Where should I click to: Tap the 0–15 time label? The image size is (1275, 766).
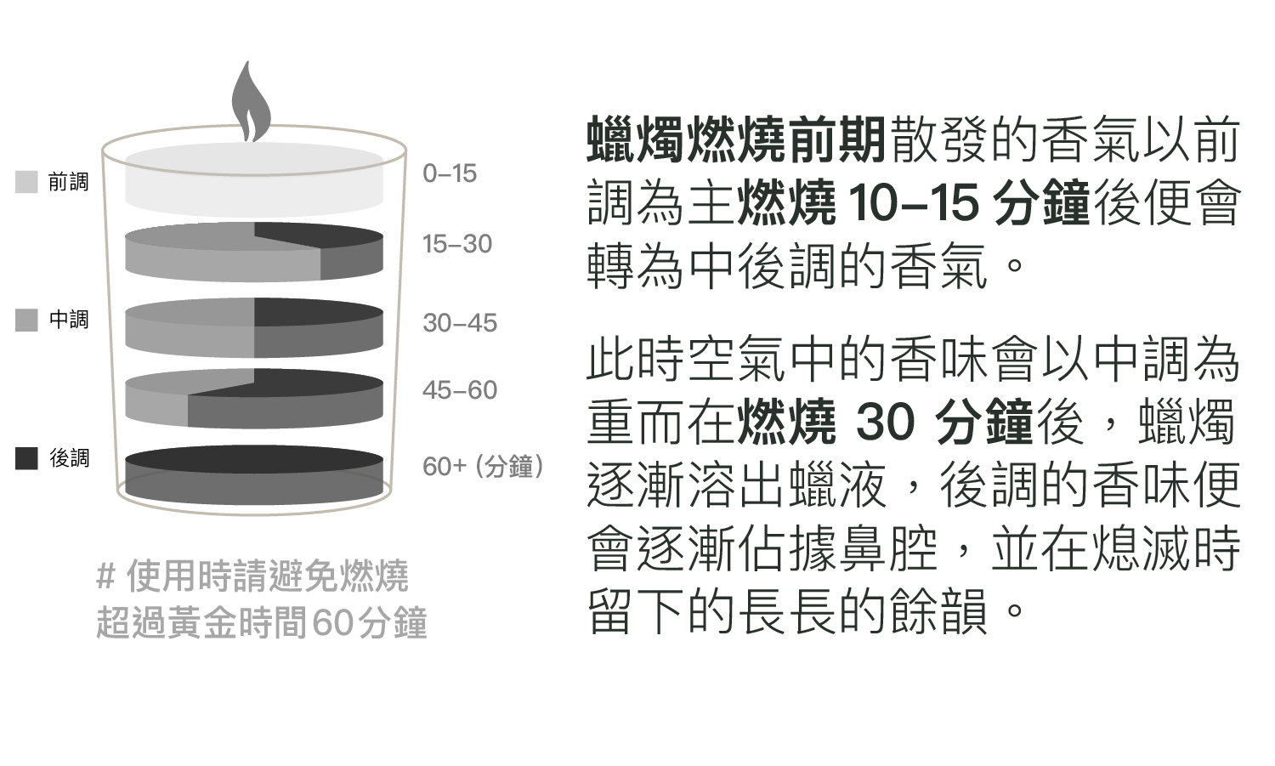(450, 173)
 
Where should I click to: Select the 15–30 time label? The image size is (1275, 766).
(457, 244)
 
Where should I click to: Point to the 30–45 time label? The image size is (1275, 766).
(459, 323)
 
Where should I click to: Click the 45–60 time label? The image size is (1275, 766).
(459, 390)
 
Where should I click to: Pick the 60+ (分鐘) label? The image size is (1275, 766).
(482, 467)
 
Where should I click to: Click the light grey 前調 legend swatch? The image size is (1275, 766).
(27, 182)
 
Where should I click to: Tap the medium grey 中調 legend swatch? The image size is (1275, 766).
(27, 321)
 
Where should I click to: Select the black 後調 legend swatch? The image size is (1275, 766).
(27, 458)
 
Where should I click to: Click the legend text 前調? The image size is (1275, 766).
(69, 182)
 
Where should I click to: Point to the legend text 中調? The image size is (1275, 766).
(69, 321)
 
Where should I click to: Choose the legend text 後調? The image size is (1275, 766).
(69, 458)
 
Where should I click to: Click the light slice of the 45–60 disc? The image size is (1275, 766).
(157, 400)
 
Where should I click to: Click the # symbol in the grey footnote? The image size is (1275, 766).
(105, 577)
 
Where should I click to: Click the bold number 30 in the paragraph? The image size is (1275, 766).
(885, 422)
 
